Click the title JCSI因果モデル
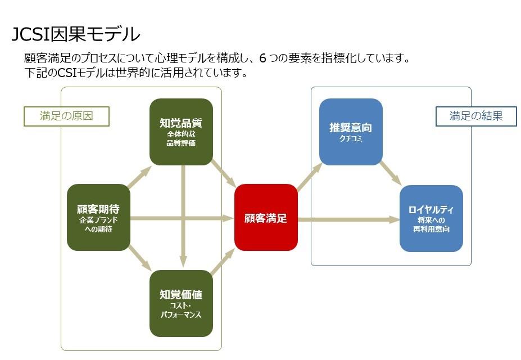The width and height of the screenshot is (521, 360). pos(76,34)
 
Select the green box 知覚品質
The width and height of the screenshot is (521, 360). pos(181,132)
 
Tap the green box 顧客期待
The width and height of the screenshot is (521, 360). pos(98,217)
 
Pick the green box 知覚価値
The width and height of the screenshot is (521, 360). pos(181,303)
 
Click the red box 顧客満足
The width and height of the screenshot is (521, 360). pos(266,218)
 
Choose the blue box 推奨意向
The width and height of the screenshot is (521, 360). pos(351,132)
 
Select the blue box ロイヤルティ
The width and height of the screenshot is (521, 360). pos(431,218)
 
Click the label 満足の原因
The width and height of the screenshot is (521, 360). pos(66,116)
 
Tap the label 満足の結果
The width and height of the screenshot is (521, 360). pos(476,116)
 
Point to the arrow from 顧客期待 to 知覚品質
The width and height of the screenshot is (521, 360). pos(139,177)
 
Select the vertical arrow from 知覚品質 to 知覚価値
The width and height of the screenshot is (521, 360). pos(183,217)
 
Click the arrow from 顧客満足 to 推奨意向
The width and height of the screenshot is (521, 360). pos(309,176)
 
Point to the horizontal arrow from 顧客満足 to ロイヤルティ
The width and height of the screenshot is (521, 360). pos(348,219)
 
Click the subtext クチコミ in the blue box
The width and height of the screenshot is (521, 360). pos(351,139)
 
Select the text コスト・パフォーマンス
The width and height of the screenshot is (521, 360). pos(181,310)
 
